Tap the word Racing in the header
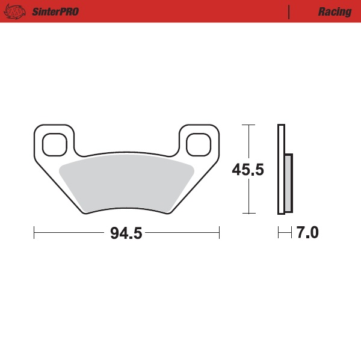point(335,12)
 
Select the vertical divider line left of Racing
point(290,12)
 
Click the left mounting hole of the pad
point(55,143)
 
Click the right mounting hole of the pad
point(198,143)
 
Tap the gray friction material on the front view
point(126,184)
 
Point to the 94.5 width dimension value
point(126,233)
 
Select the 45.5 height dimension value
point(248,170)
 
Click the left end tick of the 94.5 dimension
point(34,232)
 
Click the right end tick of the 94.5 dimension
point(219,232)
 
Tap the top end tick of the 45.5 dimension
point(248,125)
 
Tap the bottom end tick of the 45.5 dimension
point(248,214)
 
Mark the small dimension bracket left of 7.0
point(285,232)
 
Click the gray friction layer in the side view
point(288,184)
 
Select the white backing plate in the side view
point(280,169)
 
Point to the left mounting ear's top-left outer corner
point(36,127)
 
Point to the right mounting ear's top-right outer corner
point(217,127)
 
